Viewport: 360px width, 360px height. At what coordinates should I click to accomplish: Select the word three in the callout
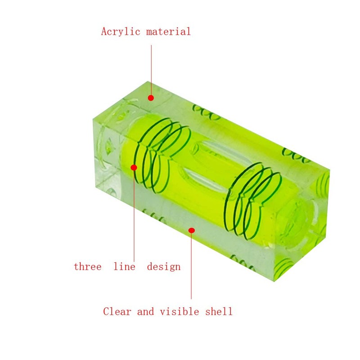click(x=87, y=266)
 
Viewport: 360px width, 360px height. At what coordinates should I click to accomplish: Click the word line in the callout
click(x=124, y=266)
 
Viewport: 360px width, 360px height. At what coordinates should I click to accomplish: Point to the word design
click(x=164, y=266)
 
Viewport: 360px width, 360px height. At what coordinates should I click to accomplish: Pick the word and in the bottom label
click(x=145, y=311)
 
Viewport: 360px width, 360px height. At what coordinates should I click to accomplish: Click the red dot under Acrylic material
click(x=151, y=98)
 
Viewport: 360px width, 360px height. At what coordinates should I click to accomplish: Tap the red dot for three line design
click(x=134, y=167)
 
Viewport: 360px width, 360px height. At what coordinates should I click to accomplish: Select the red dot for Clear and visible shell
click(x=191, y=230)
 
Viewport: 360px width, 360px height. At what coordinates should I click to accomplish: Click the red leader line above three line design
click(x=134, y=216)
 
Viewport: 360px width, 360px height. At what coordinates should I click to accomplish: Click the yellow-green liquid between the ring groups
click(x=202, y=189)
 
